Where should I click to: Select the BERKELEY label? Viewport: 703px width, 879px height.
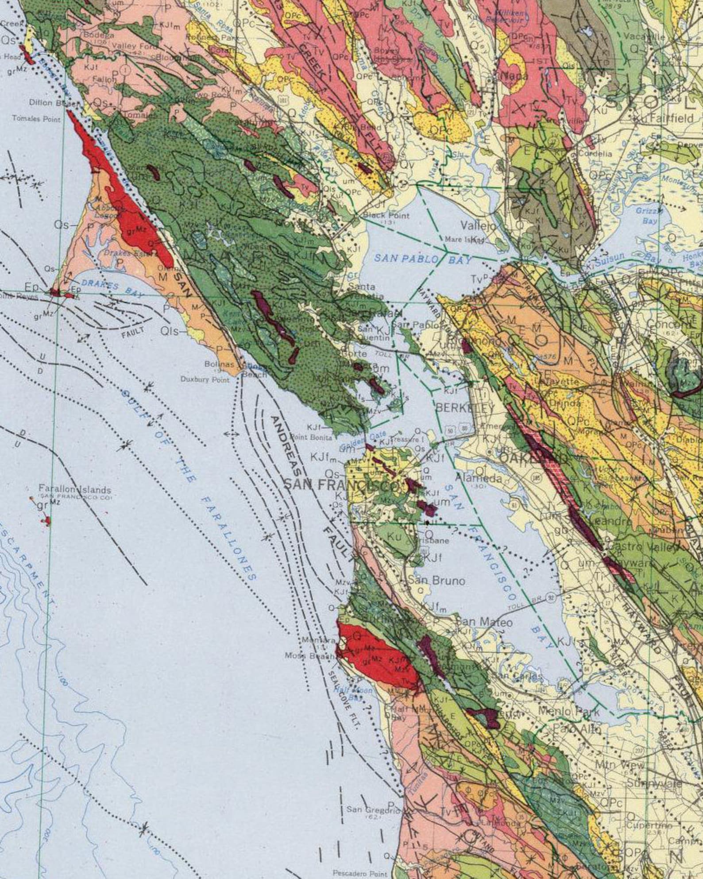pos(464,407)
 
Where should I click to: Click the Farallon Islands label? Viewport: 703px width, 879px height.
pos(74,490)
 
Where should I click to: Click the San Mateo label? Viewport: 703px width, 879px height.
pos(484,623)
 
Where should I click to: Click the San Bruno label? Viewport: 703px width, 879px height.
pos(436,581)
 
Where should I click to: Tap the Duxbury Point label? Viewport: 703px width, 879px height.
pos(205,379)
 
